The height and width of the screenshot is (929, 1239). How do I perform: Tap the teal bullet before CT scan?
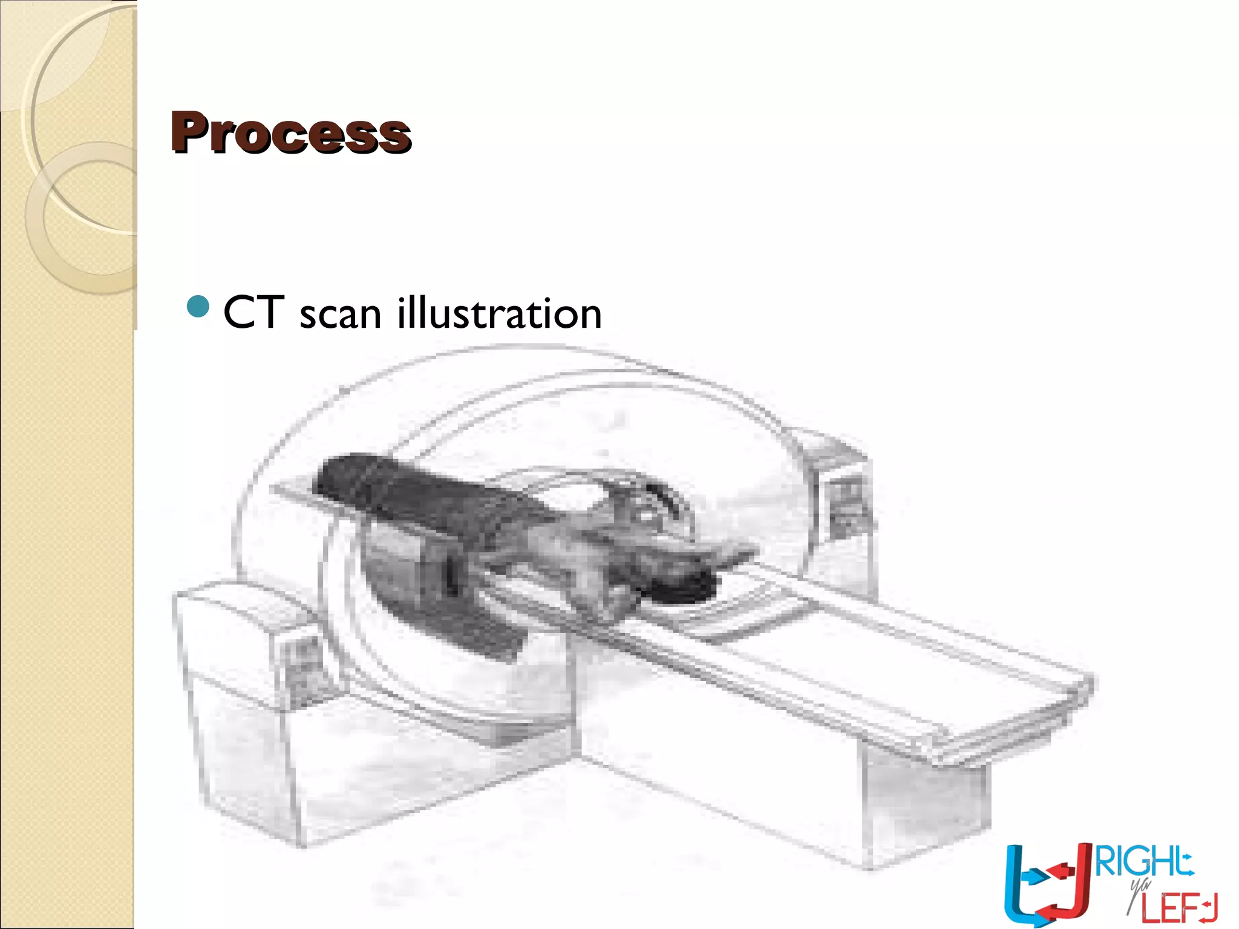coord(198,307)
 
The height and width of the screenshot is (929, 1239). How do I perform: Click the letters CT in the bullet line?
coord(253,313)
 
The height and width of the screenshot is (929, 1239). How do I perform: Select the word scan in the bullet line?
coord(340,315)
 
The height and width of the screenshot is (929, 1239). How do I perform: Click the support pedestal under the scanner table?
coord(926,804)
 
